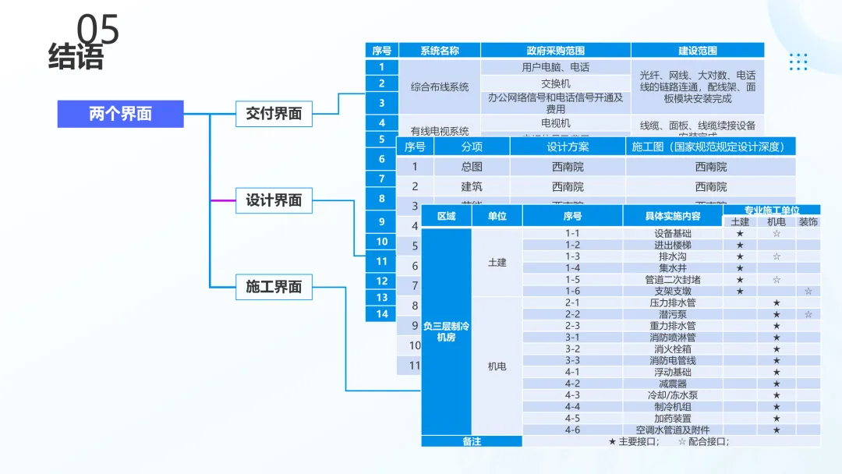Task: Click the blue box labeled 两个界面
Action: click(120, 114)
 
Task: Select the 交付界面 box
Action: click(274, 114)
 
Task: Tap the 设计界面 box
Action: click(274, 200)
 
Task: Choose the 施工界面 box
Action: click(274, 287)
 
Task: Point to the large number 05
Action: click(98, 30)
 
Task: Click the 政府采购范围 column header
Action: click(555, 51)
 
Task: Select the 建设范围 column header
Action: click(697, 51)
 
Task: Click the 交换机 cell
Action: click(555, 83)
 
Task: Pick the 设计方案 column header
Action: click(568, 147)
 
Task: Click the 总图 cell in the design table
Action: click(472, 167)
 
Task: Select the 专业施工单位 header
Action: click(771, 210)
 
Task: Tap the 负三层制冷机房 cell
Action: click(446, 331)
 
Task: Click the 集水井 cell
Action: click(673, 267)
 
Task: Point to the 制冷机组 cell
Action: click(673, 406)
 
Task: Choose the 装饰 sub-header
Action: click(808, 222)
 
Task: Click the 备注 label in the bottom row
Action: click(472, 441)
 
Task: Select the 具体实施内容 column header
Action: click(673, 216)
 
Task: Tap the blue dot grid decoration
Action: click(798, 62)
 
